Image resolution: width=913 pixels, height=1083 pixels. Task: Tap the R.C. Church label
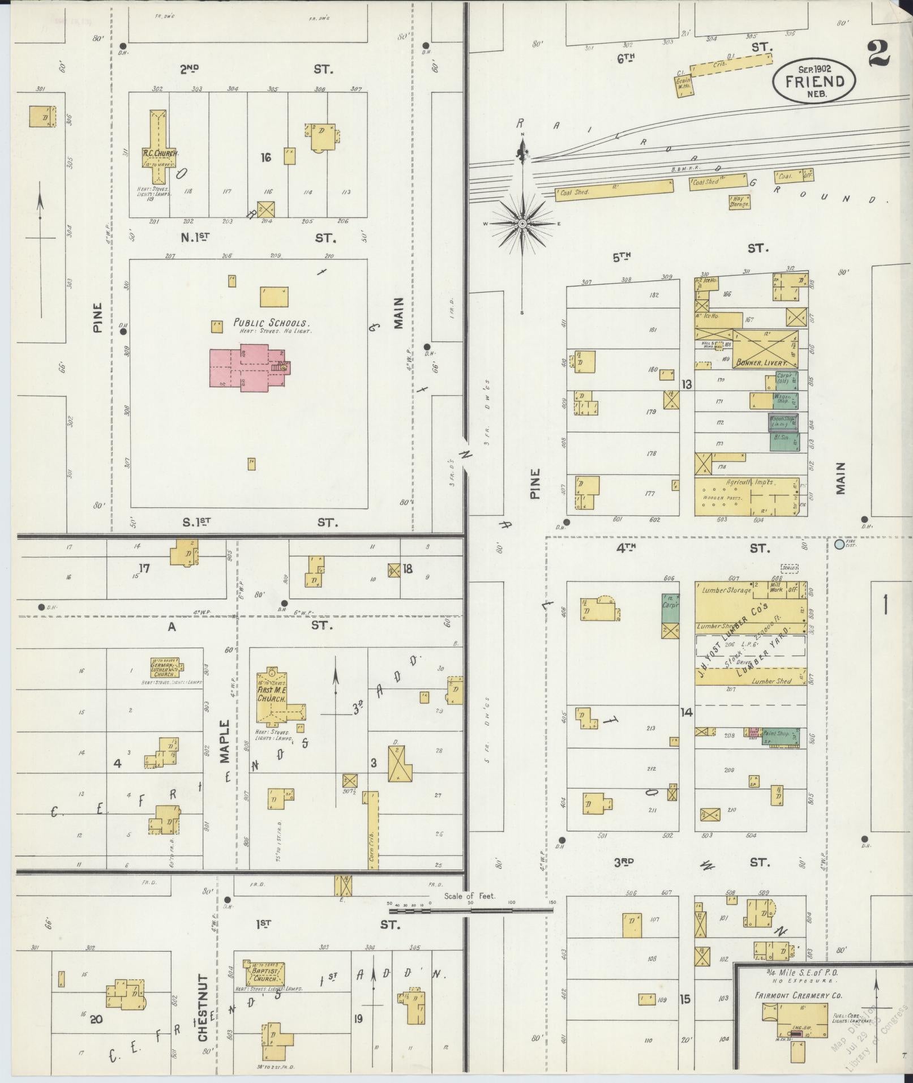(160, 153)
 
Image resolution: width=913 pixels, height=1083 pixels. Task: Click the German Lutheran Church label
(164, 670)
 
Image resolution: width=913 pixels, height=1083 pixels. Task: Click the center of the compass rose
(522, 224)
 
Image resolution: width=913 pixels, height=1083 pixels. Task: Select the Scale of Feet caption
(469, 896)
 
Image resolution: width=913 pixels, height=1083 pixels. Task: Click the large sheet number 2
(878, 54)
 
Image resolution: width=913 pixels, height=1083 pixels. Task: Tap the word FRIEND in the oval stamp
(814, 81)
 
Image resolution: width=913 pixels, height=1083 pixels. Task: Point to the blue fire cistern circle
(839, 545)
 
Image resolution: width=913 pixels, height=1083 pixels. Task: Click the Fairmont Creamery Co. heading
(798, 995)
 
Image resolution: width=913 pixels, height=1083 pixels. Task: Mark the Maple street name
(225, 742)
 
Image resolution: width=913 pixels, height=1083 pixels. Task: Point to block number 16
(265, 157)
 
